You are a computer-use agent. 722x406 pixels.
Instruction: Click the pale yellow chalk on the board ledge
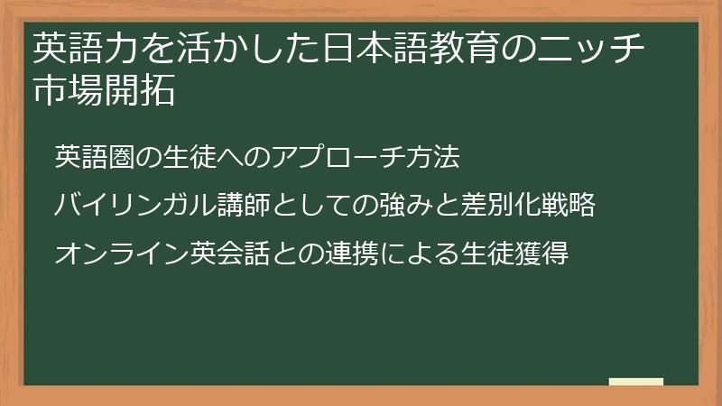tap(636, 382)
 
